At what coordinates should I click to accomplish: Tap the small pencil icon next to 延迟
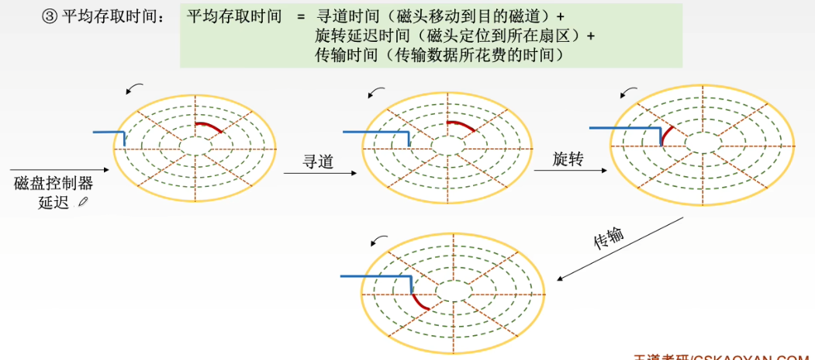click(x=83, y=202)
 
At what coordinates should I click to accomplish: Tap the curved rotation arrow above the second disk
click(x=377, y=93)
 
